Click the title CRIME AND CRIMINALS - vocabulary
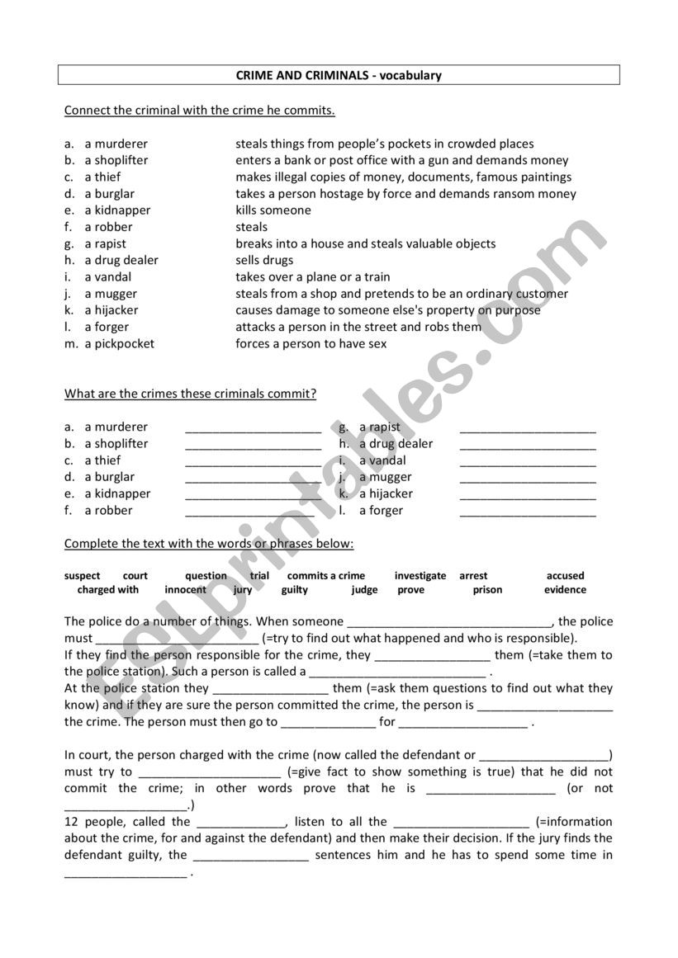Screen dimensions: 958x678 [339, 75]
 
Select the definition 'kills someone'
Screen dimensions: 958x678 [273, 210]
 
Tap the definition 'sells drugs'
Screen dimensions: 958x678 [264, 260]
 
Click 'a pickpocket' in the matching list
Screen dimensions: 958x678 [119, 344]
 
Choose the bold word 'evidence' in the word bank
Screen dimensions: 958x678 [565, 590]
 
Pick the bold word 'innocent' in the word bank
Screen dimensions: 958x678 [185, 590]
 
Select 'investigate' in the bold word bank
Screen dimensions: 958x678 [420, 576]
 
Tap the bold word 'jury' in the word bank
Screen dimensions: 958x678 [243, 590]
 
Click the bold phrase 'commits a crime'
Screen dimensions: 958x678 [326, 576]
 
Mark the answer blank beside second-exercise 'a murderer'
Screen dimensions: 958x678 [253, 428]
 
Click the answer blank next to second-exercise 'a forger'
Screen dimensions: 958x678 [527, 512]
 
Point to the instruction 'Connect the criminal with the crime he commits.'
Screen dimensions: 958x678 [200, 110]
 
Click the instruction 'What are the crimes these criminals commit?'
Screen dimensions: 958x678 [190, 394]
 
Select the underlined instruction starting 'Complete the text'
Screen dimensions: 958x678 [209, 544]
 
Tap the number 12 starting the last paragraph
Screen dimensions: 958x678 [71, 822]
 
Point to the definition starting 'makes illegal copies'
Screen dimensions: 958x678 [403, 177]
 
